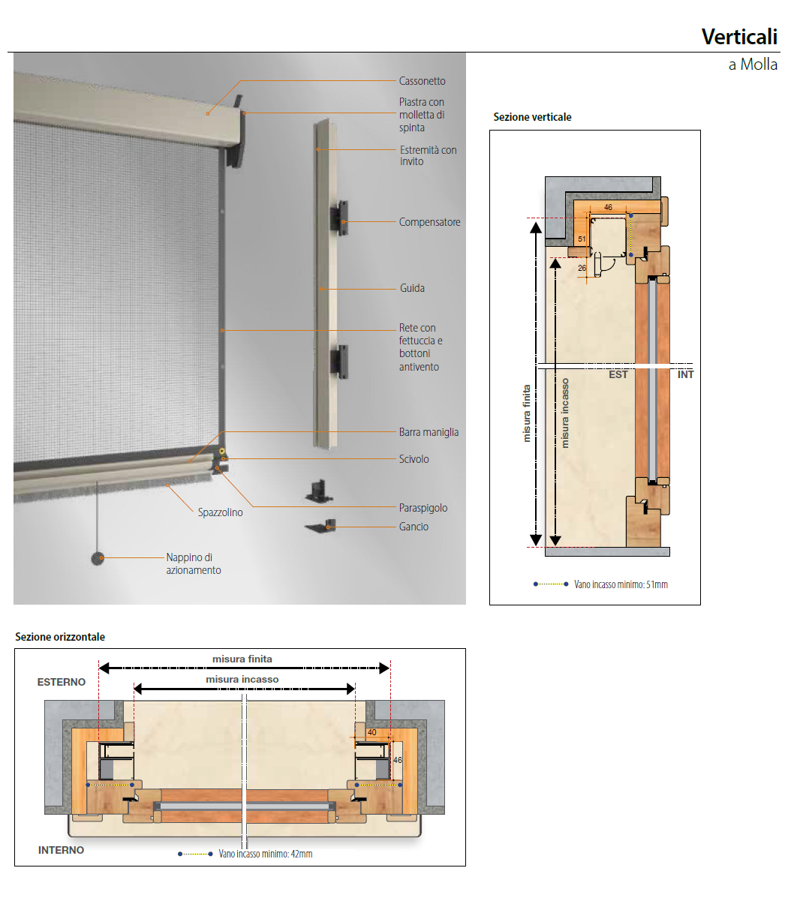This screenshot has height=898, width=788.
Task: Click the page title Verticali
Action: coord(739,38)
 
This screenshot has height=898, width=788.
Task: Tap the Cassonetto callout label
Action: coord(422,81)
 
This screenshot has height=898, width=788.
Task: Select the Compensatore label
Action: coord(429,222)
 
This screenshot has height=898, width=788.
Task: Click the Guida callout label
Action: coord(412,288)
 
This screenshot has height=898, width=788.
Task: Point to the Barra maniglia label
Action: coord(429,432)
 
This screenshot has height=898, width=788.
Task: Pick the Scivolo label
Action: coord(414,458)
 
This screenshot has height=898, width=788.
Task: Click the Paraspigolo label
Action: coord(423,508)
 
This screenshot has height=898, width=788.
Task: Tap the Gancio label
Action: coord(414,527)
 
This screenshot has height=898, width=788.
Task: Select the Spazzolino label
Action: coord(220,512)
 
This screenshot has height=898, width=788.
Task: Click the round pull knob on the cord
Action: coord(98,558)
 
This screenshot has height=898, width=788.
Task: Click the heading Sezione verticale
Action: coord(532,117)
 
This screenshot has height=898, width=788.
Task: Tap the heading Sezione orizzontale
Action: coord(60,637)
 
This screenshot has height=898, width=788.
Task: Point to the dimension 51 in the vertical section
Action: coord(582,239)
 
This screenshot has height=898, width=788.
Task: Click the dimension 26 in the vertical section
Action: coord(582,268)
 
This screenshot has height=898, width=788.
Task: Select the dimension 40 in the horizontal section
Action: coord(372,732)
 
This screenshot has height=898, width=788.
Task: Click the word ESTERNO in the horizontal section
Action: coord(62,682)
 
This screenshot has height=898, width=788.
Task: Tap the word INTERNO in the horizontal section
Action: coord(62,851)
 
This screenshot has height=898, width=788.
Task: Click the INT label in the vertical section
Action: coord(685,374)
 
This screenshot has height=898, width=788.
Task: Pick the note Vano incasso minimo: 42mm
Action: coord(266,854)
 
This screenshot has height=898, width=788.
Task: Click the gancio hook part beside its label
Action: coord(321,526)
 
